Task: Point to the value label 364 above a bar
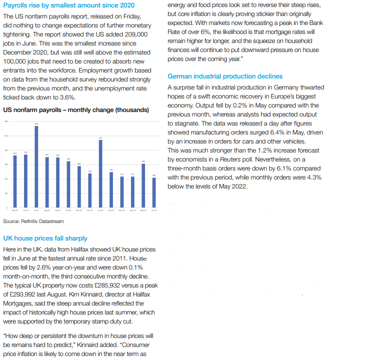click(15, 153)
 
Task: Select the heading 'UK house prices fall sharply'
click(45, 238)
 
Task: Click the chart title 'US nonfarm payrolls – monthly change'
click(75, 109)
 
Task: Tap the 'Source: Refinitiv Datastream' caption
click(33, 221)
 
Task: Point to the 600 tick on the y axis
click(6, 122)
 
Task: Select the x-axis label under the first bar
click(15, 210)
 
